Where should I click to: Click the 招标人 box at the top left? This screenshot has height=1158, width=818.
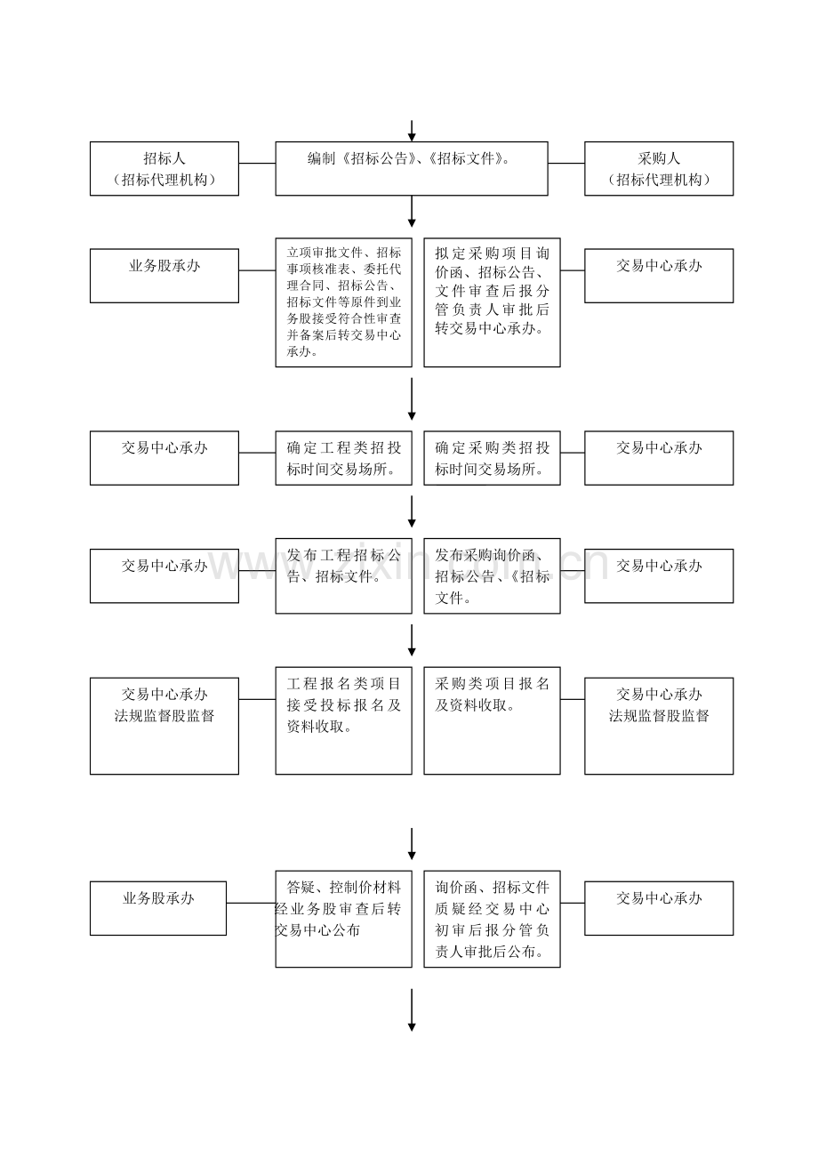[164, 168]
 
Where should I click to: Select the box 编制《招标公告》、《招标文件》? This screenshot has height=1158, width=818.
[412, 168]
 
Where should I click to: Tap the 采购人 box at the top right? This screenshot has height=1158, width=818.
[659, 168]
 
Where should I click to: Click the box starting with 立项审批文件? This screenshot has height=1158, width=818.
[343, 302]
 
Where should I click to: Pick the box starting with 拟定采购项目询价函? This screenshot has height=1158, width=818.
[492, 302]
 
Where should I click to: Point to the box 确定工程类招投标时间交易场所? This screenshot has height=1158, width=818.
[343, 458]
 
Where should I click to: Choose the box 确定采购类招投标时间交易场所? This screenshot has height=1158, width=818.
[492, 458]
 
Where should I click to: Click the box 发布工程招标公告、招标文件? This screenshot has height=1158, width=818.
[343, 576]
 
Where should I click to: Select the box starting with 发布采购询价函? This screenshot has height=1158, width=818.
[492, 576]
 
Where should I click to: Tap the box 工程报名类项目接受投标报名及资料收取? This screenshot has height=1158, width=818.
[343, 720]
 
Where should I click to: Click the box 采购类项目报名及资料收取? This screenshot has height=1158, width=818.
[492, 720]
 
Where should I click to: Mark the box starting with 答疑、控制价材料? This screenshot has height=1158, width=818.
[343, 919]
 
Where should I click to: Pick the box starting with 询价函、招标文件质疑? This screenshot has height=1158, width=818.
[492, 919]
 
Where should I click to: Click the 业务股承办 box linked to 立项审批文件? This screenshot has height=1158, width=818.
[164, 276]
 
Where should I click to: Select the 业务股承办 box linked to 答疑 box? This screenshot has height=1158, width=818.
[158, 908]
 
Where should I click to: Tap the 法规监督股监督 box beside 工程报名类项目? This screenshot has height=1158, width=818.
[164, 727]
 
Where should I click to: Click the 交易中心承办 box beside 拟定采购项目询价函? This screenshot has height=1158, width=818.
[659, 276]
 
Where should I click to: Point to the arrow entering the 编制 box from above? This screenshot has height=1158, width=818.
[412, 131]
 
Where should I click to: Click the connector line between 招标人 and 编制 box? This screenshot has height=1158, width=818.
[257, 164]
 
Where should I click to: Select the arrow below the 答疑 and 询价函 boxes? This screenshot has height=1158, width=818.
[412, 1010]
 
